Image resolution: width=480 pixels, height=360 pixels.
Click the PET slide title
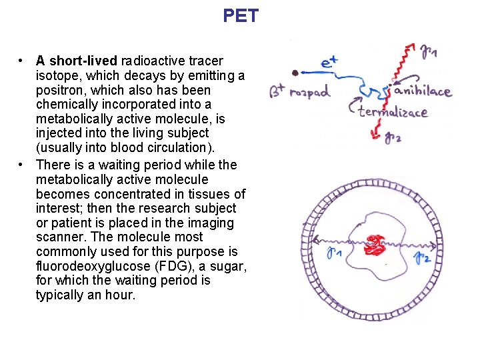point(241,16)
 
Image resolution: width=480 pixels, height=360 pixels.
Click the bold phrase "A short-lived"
point(75,61)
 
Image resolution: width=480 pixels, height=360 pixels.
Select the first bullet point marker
point(22,61)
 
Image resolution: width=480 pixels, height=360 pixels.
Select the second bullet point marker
point(22,164)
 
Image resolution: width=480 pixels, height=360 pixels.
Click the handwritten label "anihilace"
point(423,91)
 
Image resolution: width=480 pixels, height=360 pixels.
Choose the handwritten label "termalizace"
point(393,111)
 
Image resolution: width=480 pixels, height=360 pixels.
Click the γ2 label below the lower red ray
point(393,139)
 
